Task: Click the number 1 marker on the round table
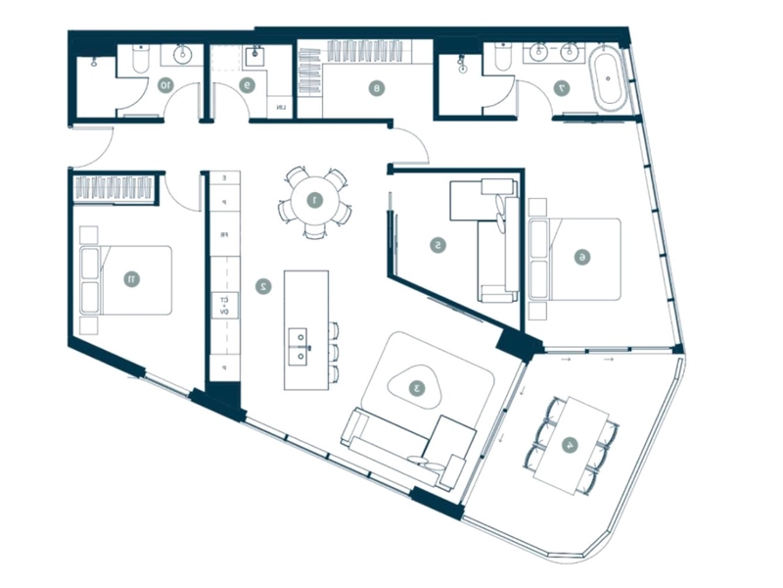[314, 202]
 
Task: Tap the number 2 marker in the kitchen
[263, 287]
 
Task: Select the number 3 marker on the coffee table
[418, 388]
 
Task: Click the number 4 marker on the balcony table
[570, 444]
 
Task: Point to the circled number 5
[439, 245]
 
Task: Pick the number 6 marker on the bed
[581, 257]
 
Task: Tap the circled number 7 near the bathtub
[561, 88]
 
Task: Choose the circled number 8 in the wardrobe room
[375, 88]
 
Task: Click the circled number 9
[248, 86]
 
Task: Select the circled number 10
[165, 86]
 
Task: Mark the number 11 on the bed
[130, 279]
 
